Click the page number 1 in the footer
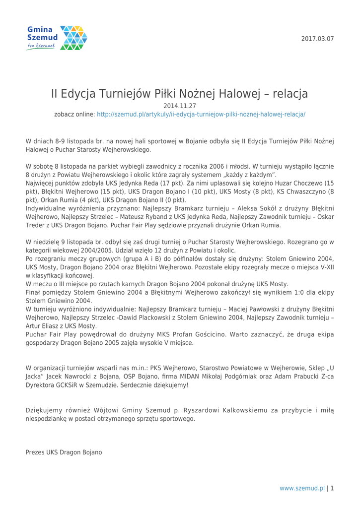tap(332, 488)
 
